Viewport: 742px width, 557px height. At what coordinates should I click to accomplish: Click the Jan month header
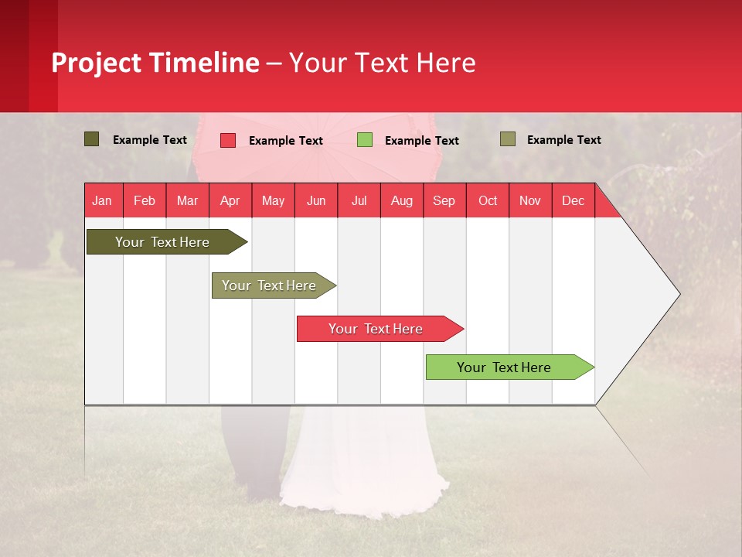pyautogui.click(x=102, y=201)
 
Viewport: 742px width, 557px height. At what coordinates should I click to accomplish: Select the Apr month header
pyautogui.click(x=230, y=201)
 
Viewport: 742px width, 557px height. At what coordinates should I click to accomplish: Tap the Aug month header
pyautogui.click(x=401, y=201)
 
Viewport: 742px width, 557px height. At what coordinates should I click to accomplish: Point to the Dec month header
pyautogui.click(x=573, y=201)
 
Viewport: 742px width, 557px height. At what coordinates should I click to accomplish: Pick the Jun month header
pyautogui.click(x=315, y=201)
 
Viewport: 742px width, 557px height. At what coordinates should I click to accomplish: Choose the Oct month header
pyautogui.click(x=487, y=201)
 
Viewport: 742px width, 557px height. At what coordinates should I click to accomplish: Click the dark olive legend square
pyautogui.click(x=91, y=139)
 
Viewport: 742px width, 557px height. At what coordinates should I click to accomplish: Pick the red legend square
pyautogui.click(x=227, y=140)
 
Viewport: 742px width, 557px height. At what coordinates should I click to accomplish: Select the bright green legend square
pyautogui.click(x=364, y=140)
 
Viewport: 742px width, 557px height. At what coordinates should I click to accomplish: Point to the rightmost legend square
pyautogui.click(x=507, y=139)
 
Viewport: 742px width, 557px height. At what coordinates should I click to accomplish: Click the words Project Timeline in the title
pyautogui.click(x=155, y=63)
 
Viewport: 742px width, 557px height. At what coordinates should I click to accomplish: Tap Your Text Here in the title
pyautogui.click(x=382, y=63)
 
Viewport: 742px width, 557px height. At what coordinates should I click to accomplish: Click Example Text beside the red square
pyautogui.click(x=285, y=141)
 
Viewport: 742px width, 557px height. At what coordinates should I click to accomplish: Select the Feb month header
pyautogui.click(x=145, y=201)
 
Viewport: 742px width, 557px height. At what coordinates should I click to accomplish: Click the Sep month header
pyautogui.click(x=444, y=201)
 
